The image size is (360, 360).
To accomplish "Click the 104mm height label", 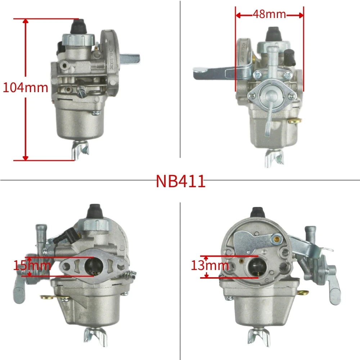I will pos(25,87).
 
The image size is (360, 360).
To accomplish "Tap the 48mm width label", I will pos(269,14).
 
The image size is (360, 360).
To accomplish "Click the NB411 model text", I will pos(180,181).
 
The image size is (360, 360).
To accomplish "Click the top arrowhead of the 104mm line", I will pos(25,21).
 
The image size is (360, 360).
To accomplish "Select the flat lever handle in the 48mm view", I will pos(209,72).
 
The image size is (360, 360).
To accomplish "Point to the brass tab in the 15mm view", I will pos(47,297).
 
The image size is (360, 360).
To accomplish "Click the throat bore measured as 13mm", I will pos(253,267).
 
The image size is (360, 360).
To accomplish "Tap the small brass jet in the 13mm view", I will pos(276,238).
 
